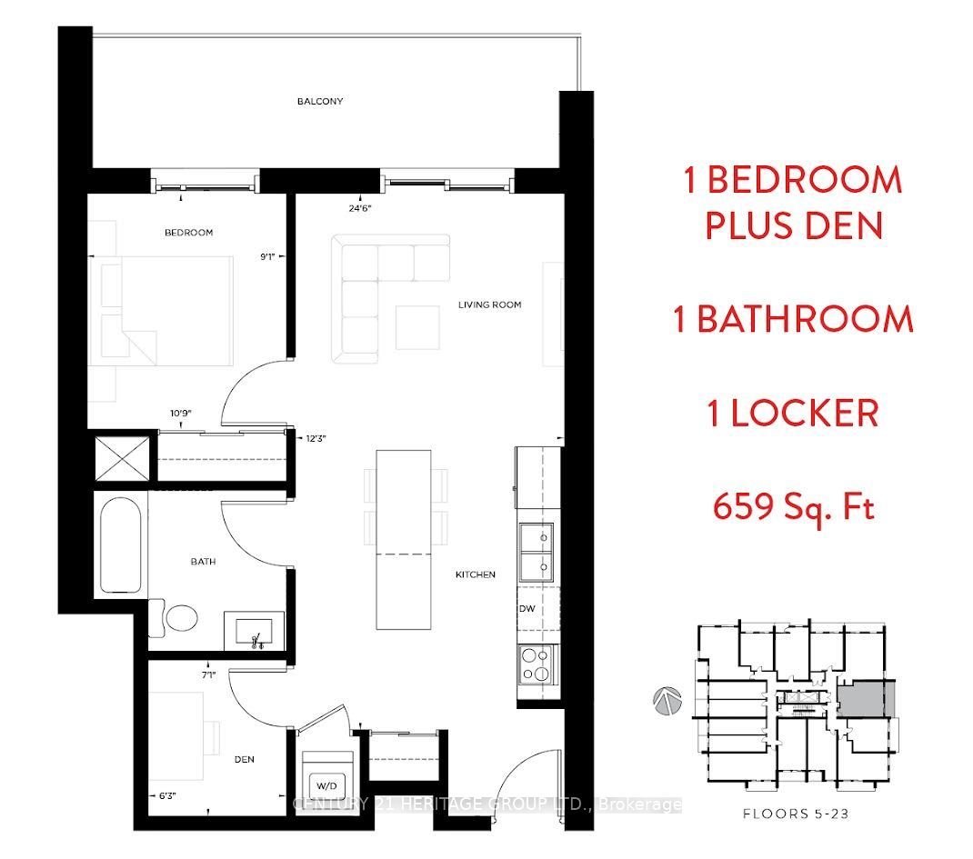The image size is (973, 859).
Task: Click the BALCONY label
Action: pos(319,101)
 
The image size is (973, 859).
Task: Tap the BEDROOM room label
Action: pos(188,233)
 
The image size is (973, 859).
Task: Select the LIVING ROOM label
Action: pos(489,305)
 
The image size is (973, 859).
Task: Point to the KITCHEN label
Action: pos(476,574)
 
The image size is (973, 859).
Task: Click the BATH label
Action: pos(203,561)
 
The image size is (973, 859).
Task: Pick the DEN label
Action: pos(244,759)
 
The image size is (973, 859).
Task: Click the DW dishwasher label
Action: pos(527,608)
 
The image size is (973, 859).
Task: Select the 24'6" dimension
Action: pos(359,208)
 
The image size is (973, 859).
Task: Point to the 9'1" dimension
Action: pos(267,256)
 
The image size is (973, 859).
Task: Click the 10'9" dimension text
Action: pos(181,413)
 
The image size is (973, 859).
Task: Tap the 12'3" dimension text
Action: pos(316,438)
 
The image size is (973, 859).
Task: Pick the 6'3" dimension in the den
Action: pos(167,795)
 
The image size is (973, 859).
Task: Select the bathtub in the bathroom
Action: pos(121,545)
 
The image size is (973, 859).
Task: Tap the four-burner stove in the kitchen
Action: pos(537,664)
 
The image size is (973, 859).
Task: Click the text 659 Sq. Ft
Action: pos(794,508)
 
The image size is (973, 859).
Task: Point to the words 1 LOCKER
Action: pos(794,414)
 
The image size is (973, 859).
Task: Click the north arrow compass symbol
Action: pos(667,701)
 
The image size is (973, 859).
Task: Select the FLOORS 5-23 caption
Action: pos(795,814)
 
